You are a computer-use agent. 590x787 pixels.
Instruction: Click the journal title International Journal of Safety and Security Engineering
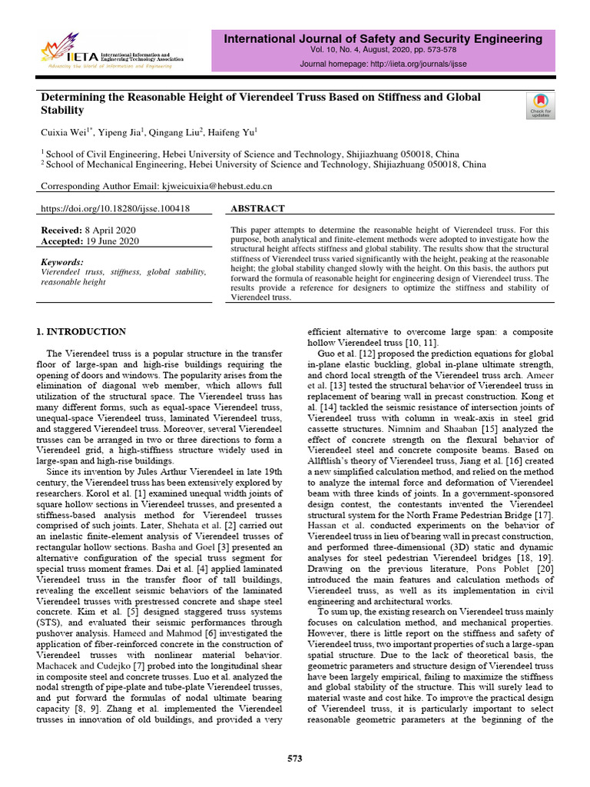pos(383,38)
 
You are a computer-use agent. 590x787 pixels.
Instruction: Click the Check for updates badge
pos(540,105)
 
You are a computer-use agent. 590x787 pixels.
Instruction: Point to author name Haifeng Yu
pos(233,131)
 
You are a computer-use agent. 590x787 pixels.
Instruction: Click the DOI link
pos(115,209)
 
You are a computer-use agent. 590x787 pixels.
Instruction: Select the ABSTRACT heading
pos(257,209)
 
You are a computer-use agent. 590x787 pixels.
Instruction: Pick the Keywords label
pos(62,262)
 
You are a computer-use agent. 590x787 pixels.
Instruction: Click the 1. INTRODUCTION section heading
pos(82,332)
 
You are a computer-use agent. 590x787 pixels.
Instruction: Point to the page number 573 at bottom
pos(295,759)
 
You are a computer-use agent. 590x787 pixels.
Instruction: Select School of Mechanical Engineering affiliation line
pos(266,164)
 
